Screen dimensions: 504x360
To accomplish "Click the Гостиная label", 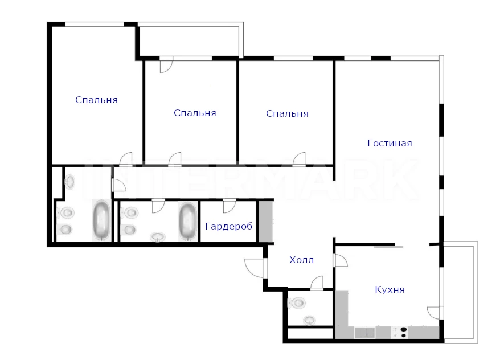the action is click(390, 143).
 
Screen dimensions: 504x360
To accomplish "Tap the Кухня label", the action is click(390, 289).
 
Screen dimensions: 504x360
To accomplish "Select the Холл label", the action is click(301, 260).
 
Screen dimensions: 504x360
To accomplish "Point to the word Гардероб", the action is click(228, 226).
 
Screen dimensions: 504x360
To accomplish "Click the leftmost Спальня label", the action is click(96, 100).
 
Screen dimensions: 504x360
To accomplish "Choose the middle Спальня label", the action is click(195, 113).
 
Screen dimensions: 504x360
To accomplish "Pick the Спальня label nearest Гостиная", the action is click(287, 113).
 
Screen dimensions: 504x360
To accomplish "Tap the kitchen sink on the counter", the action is click(365, 332).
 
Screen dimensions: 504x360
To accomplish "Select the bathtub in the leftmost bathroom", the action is click(101, 220).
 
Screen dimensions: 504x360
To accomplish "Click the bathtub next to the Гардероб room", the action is click(188, 221).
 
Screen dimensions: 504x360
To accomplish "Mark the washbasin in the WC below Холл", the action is click(309, 320).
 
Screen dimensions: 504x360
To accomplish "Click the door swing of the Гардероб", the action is click(229, 206).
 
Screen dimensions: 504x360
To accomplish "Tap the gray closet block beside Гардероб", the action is click(266, 221).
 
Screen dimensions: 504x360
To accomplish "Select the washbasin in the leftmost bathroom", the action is click(69, 182).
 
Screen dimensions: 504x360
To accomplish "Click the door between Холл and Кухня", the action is click(341, 260).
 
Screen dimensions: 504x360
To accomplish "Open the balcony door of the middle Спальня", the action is click(166, 65).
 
